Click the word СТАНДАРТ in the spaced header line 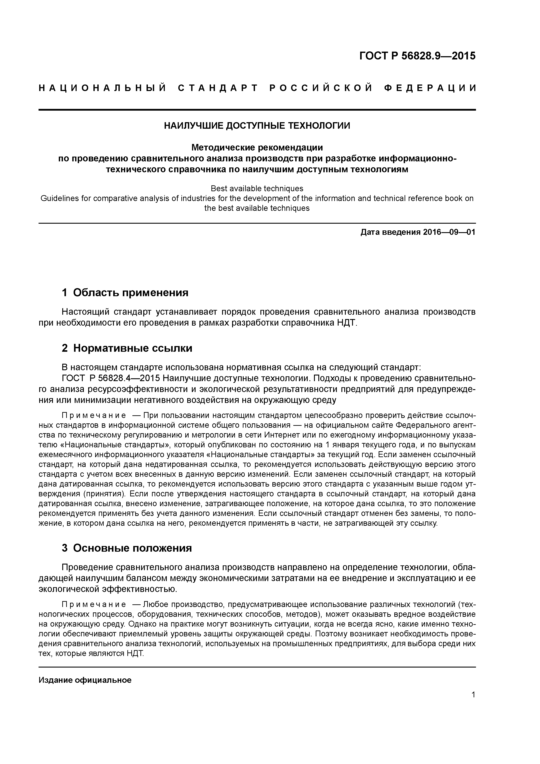point(218,88)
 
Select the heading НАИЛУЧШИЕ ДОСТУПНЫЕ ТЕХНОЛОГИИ point(257,126)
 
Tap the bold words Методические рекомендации point(257,147)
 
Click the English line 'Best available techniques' point(257,189)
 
